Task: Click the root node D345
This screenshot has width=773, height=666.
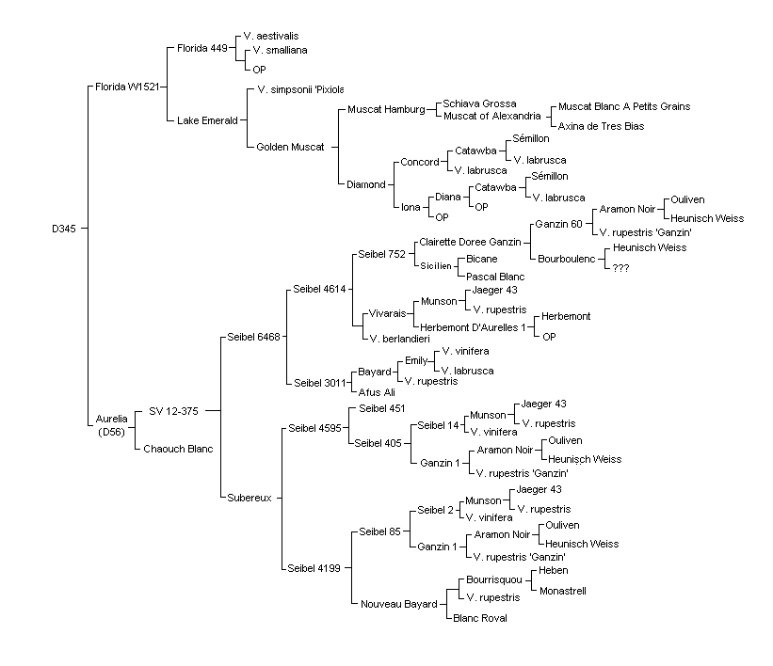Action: (x=64, y=229)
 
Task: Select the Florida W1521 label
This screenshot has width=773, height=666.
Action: (x=127, y=87)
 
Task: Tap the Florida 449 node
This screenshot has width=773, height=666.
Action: (x=202, y=48)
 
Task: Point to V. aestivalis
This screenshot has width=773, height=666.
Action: (x=270, y=36)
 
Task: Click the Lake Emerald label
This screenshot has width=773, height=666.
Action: (x=207, y=120)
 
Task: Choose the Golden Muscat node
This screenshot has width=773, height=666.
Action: (x=290, y=147)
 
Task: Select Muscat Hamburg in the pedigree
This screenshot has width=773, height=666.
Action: (x=386, y=109)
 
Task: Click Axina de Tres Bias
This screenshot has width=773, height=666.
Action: (x=601, y=126)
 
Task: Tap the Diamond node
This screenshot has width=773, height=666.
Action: (x=366, y=184)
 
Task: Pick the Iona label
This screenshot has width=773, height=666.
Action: (x=411, y=207)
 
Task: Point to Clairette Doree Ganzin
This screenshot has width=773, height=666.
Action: (x=470, y=242)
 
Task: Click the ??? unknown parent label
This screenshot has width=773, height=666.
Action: (x=620, y=268)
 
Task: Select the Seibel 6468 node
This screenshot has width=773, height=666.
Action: (x=253, y=337)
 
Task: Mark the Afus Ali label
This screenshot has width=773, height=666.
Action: (x=377, y=392)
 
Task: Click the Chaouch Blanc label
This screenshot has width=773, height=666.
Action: (x=178, y=449)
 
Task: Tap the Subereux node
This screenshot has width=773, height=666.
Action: (x=249, y=498)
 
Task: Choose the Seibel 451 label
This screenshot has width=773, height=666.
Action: (x=381, y=408)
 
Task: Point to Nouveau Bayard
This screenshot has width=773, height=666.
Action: (x=399, y=605)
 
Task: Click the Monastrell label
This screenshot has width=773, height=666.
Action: (x=562, y=591)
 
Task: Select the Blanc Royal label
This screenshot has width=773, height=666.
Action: (x=479, y=618)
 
